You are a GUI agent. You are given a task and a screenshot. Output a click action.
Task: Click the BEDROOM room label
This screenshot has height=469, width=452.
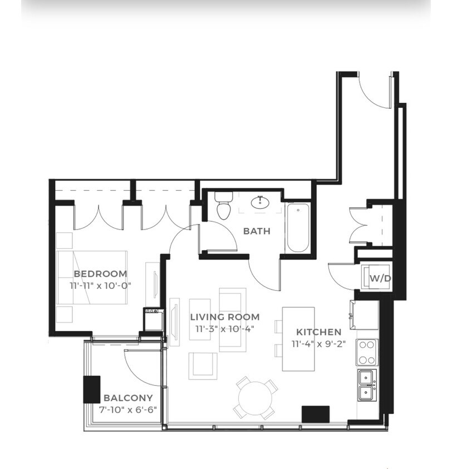100,274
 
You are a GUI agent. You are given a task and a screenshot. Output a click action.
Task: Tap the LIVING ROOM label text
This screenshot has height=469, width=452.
225,317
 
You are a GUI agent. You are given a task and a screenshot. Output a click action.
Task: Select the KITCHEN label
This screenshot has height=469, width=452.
319,332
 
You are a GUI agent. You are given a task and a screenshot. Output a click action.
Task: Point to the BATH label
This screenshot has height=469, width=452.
257,231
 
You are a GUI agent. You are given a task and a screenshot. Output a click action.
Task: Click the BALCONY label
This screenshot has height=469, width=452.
128,398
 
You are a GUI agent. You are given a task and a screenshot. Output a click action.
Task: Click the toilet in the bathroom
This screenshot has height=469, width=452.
223,207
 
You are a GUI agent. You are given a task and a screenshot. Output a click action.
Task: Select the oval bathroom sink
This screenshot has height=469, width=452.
260,203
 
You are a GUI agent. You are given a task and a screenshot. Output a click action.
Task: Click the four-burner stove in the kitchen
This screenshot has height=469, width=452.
367,352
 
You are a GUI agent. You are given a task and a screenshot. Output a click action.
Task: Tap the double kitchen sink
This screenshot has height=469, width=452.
366,385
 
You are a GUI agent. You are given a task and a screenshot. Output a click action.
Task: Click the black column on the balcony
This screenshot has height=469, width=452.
91,389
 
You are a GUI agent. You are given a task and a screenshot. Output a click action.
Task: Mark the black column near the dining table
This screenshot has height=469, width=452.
316,414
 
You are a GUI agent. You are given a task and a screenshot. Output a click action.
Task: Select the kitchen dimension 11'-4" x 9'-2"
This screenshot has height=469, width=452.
319,343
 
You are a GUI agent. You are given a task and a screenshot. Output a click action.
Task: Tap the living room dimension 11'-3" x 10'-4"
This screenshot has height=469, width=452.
224,329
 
